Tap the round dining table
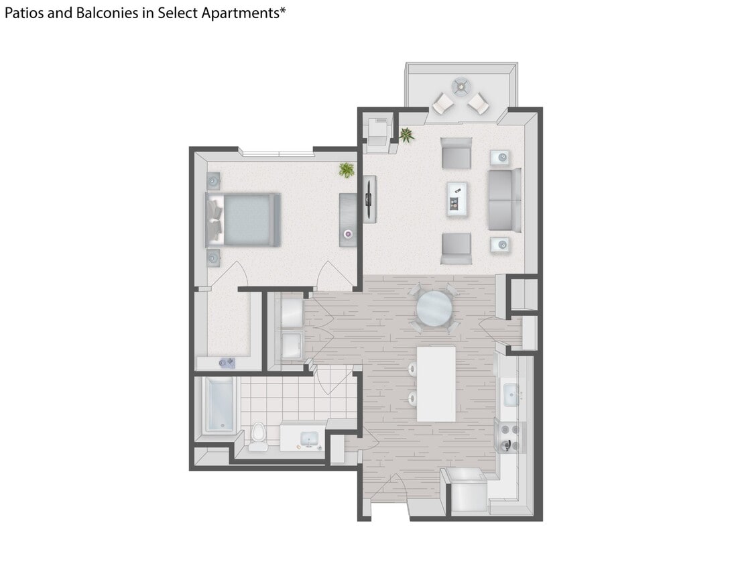click(434, 308)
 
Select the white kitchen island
click(436, 384)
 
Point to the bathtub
click(219, 405)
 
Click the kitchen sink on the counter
click(509, 394)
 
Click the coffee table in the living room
click(458, 199)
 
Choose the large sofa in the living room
click(505, 200)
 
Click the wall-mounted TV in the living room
click(369, 199)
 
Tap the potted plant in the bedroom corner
click(347, 170)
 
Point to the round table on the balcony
click(461, 85)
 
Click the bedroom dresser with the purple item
click(348, 219)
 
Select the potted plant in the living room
click(406, 135)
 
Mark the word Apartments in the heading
click(243, 13)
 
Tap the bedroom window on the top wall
click(278, 154)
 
